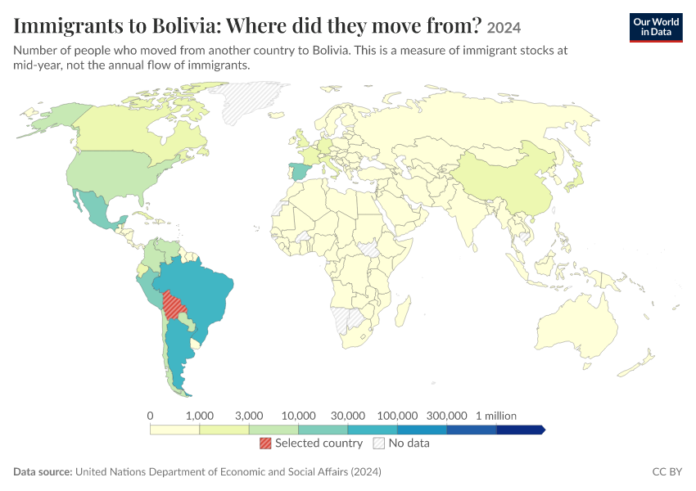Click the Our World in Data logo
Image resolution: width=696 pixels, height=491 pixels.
656,28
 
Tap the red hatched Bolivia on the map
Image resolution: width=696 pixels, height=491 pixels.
173,304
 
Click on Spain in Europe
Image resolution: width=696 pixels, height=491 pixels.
299,171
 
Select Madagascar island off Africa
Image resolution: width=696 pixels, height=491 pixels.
403,310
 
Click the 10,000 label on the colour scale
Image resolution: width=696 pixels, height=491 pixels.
298,416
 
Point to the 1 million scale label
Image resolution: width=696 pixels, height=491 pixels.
496,416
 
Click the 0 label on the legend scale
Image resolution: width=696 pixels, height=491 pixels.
150,416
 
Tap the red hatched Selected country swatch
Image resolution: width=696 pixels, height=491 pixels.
265,443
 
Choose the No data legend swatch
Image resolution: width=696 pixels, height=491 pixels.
379,443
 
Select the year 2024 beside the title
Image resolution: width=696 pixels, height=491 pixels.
504,28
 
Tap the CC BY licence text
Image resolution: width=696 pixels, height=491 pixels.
667,471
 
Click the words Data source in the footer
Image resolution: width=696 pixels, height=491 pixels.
43,471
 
